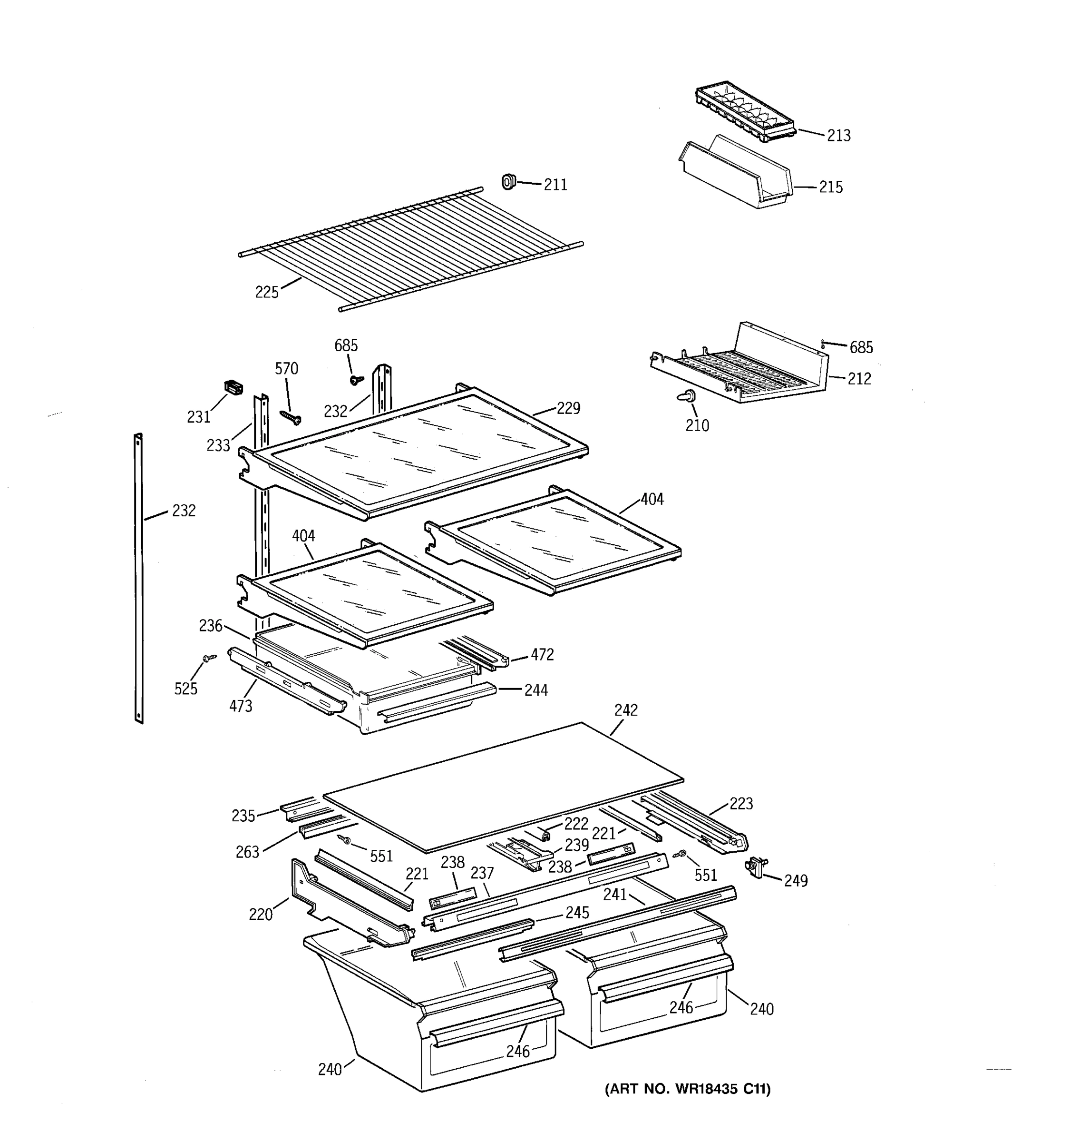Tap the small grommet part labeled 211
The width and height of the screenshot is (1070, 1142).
tap(508, 182)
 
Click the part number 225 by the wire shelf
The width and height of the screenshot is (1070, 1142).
tap(267, 292)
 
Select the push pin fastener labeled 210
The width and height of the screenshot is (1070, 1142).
tap(687, 396)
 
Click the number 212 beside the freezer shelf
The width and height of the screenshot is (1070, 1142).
tap(859, 379)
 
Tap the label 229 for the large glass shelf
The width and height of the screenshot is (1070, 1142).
tap(568, 408)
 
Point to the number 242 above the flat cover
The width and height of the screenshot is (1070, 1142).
tap(626, 710)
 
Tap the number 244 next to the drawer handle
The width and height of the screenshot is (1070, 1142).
tap(536, 690)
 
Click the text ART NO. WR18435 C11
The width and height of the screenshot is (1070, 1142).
tap(687, 1089)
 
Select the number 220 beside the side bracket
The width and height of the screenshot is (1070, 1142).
tap(260, 914)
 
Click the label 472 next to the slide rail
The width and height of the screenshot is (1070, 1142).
tap(542, 654)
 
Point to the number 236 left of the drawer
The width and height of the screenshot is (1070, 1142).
tap(211, 626)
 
